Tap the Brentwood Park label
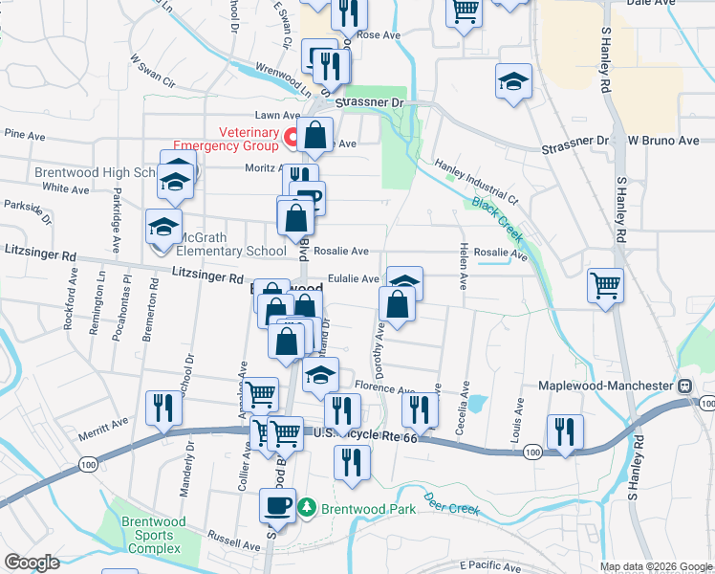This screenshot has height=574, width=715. pos(367,509)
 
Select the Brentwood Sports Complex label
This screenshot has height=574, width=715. pos(151,535)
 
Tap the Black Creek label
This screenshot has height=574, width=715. pos(496,221)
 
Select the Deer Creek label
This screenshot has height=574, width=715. pos(451,504)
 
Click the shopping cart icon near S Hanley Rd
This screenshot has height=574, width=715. pos(605,284)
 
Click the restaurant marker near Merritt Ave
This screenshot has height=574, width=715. pos(162,408)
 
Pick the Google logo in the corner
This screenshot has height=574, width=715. pos(32,563)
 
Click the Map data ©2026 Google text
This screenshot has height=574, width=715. pos(656,566)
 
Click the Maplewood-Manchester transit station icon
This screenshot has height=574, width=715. pos(684,386)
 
